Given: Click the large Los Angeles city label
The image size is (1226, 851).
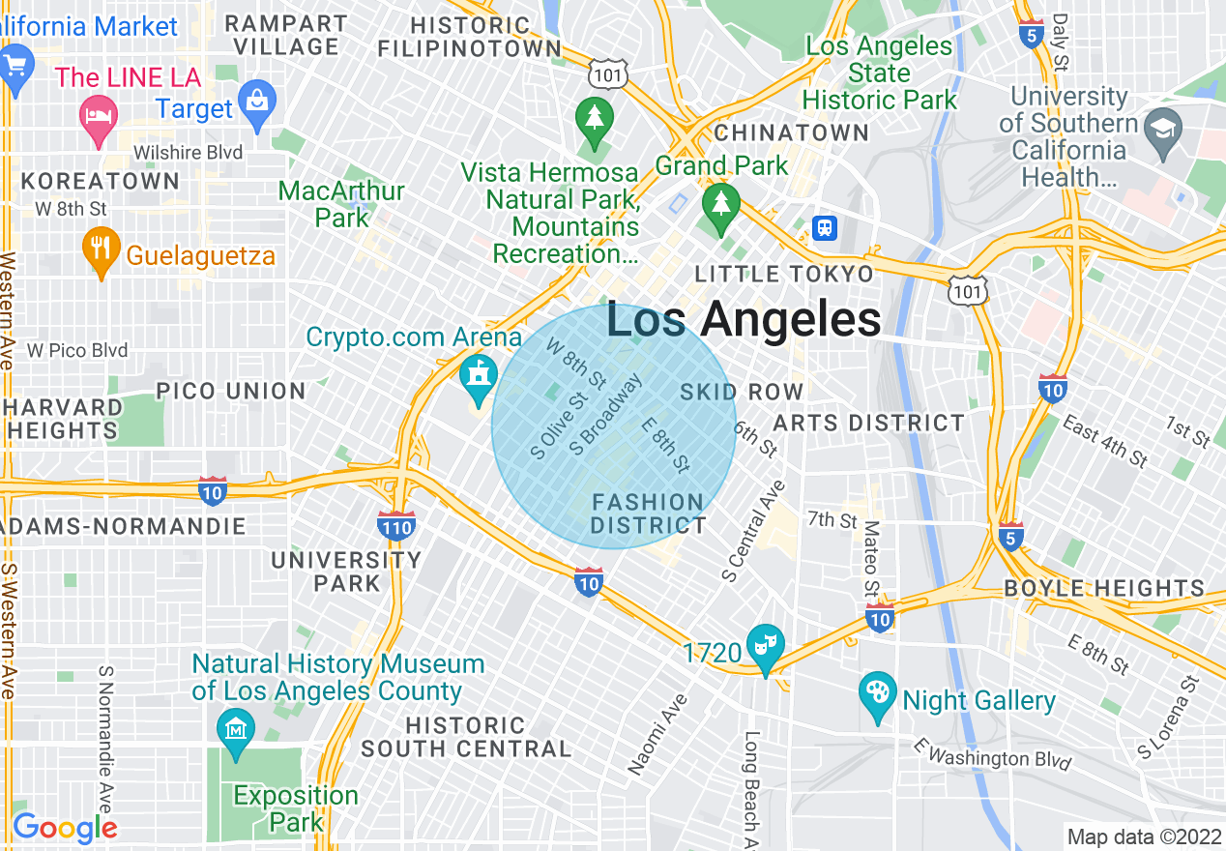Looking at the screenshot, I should tap(744, 320).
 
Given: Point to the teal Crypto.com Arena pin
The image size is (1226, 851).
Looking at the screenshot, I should tap(477, 375).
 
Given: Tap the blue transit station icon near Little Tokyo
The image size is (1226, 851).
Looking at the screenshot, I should tap(825, 227).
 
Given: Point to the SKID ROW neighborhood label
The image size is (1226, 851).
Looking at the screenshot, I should tap(742, 392).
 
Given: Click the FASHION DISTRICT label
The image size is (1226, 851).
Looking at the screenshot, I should tap(648, 514).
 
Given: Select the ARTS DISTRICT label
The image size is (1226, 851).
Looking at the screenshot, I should tap(868, 423).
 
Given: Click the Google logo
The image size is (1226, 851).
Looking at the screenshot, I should tap(65, 828).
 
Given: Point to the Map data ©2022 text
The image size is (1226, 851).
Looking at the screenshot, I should tap(1143, 836).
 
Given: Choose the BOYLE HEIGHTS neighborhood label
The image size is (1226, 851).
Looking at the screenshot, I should tap(1104, 588).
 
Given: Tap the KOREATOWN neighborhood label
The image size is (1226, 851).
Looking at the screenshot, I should tap(101, 181).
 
